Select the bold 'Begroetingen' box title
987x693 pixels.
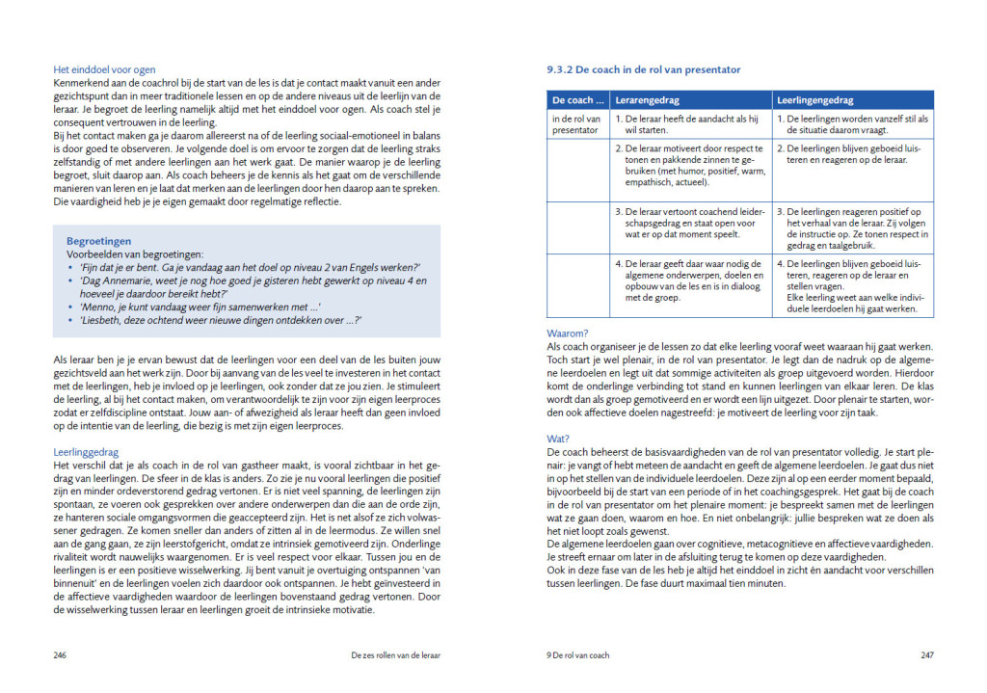99,241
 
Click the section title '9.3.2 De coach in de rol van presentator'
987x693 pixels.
644,70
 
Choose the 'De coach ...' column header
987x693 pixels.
578,100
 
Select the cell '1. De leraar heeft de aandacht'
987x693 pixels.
688,124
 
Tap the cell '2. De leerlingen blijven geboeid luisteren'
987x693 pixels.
852,154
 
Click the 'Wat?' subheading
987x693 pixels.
559,439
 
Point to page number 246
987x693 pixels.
60,655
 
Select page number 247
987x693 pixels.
927,655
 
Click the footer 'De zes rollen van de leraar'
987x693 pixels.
395,655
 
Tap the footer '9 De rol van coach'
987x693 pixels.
578,655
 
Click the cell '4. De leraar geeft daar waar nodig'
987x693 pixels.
688,280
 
